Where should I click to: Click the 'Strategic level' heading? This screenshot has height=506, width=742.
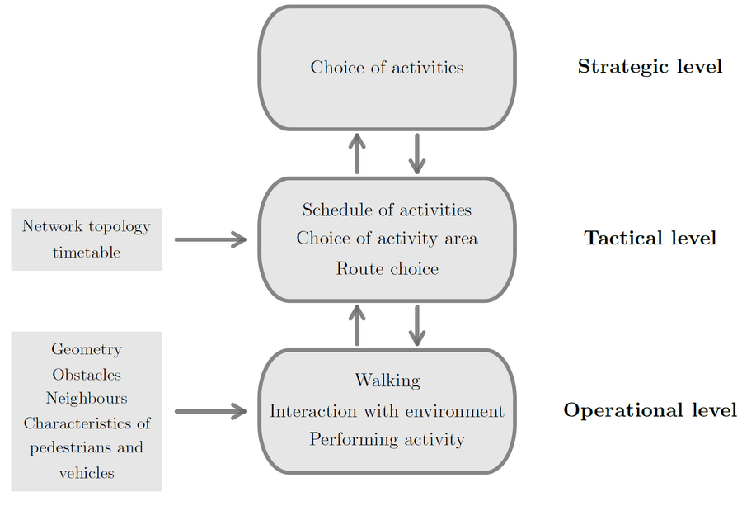[x=650, y=67]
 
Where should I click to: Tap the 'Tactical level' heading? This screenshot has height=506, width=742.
[x=650, y=238]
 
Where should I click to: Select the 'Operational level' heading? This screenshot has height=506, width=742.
[x=650, y=409]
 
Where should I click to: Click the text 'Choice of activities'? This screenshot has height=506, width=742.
[x=387, y=68]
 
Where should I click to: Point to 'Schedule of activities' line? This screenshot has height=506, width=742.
[x=387, y=210]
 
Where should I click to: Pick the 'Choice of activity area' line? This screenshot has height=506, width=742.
[x=387, y=239]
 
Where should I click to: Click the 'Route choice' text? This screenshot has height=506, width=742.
[x=387, y=268]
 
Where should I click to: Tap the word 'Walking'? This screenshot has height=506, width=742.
[x=387, y=381]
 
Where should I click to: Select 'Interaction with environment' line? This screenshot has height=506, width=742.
[x=387, y=411]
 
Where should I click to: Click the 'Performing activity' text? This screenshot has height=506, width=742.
[x=387, y=440]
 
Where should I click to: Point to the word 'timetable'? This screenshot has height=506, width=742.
[x=87, y=252]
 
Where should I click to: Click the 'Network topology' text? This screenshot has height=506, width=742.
[x=86, y=226]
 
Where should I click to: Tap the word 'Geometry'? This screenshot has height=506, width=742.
[x=87, y=350]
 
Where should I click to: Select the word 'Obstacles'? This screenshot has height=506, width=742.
[x=87, y=375]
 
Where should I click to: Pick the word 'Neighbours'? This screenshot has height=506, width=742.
[x=87, y=398]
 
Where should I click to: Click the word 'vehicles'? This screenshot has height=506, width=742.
[x=87, y=473]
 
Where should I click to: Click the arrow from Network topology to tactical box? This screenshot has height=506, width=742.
[x=210, y=239]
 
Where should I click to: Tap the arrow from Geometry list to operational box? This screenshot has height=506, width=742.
[x=210, y=411]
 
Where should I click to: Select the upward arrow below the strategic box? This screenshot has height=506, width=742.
[x=357, y=154]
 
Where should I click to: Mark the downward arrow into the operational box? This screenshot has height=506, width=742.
[x=417, y=325]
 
